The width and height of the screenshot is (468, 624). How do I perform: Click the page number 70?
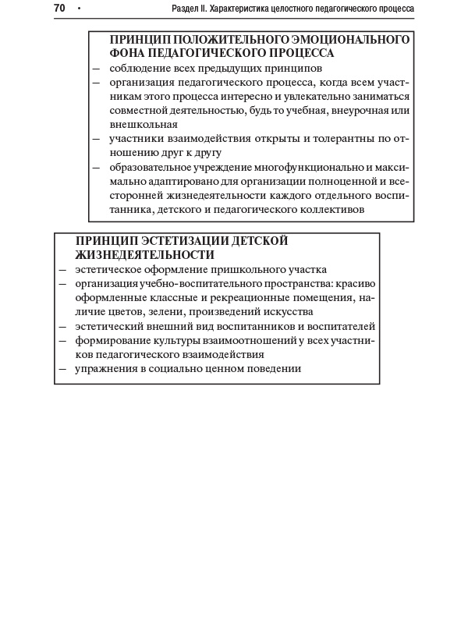[59, 9]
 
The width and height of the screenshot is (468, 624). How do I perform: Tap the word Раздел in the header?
[187, 9]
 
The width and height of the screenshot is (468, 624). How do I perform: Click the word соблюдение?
[140, 68]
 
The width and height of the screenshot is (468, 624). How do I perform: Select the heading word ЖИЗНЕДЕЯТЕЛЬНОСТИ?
[145, 255]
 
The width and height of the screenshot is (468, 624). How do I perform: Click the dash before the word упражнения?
[63, 369]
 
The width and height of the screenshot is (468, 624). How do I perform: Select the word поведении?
[274, 369]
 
